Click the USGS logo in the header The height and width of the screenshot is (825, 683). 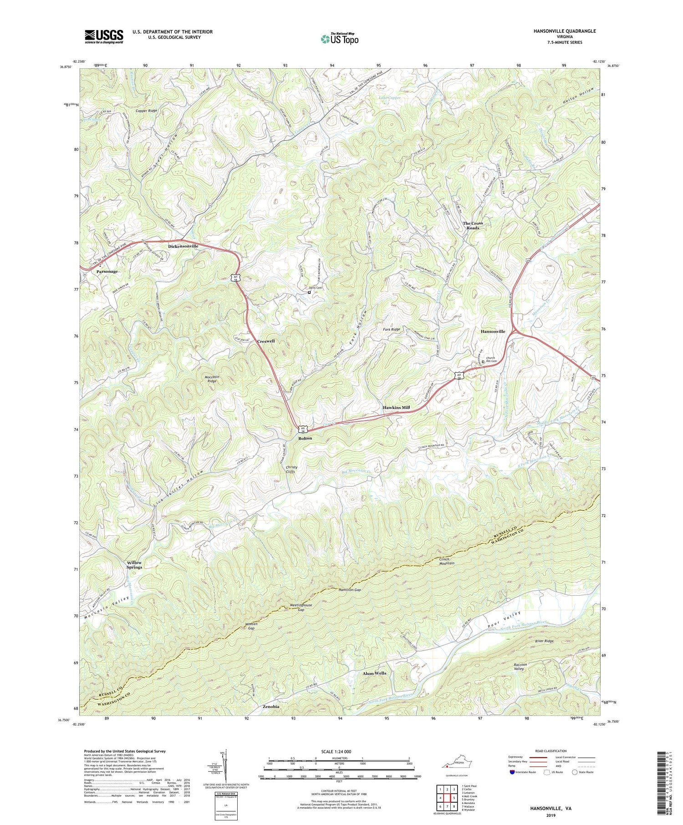[x=104, y=36]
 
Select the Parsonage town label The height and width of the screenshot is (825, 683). [x=107, y=271]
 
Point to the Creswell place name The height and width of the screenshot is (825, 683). [x=266, y=341]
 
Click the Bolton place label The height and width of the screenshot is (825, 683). [x=305, y=438]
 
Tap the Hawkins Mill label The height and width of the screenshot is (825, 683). [x=396, y=407]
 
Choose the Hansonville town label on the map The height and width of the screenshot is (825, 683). [x=493, y=331]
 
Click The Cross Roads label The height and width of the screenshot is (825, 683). [x=473, y=225]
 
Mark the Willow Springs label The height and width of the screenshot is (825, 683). [x=134, y=565]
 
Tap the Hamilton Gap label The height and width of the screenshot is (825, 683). [x=350, y=589]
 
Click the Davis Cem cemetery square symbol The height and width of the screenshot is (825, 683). [x=309, y=293]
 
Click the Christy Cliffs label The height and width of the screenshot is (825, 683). [x=291, y=470]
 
